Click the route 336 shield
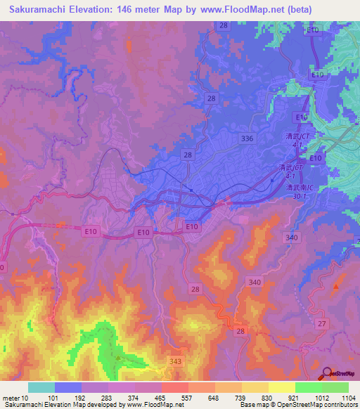[x=246, y=139]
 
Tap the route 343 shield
[x=176, y=361]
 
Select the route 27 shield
[x=321, y=323]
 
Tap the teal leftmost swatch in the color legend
[x=41, y=387]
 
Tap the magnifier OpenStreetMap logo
[x=327, y=373]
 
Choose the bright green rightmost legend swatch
[x=335, y=387]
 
